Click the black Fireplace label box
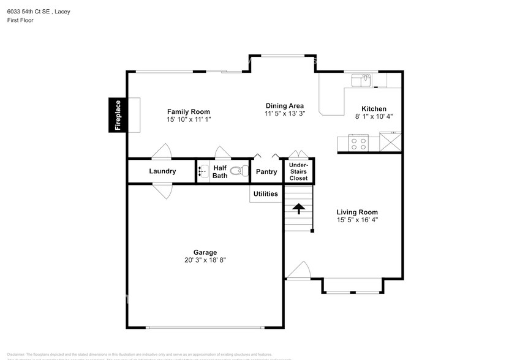[118, 115]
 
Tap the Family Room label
[189, 112]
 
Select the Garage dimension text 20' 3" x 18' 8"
[205, 260]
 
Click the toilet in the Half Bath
[239, 171]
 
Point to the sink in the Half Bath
[204, 171]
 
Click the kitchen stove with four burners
[358, 143]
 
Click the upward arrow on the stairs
[298, 209]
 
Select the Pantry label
[266, 172]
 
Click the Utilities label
[266, 194]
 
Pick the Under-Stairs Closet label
[299, 171]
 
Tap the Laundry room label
[162, 171]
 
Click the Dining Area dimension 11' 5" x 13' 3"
[284, 113]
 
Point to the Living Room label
[357, 212]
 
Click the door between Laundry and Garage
[162, 191]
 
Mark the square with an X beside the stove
[390, 143]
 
